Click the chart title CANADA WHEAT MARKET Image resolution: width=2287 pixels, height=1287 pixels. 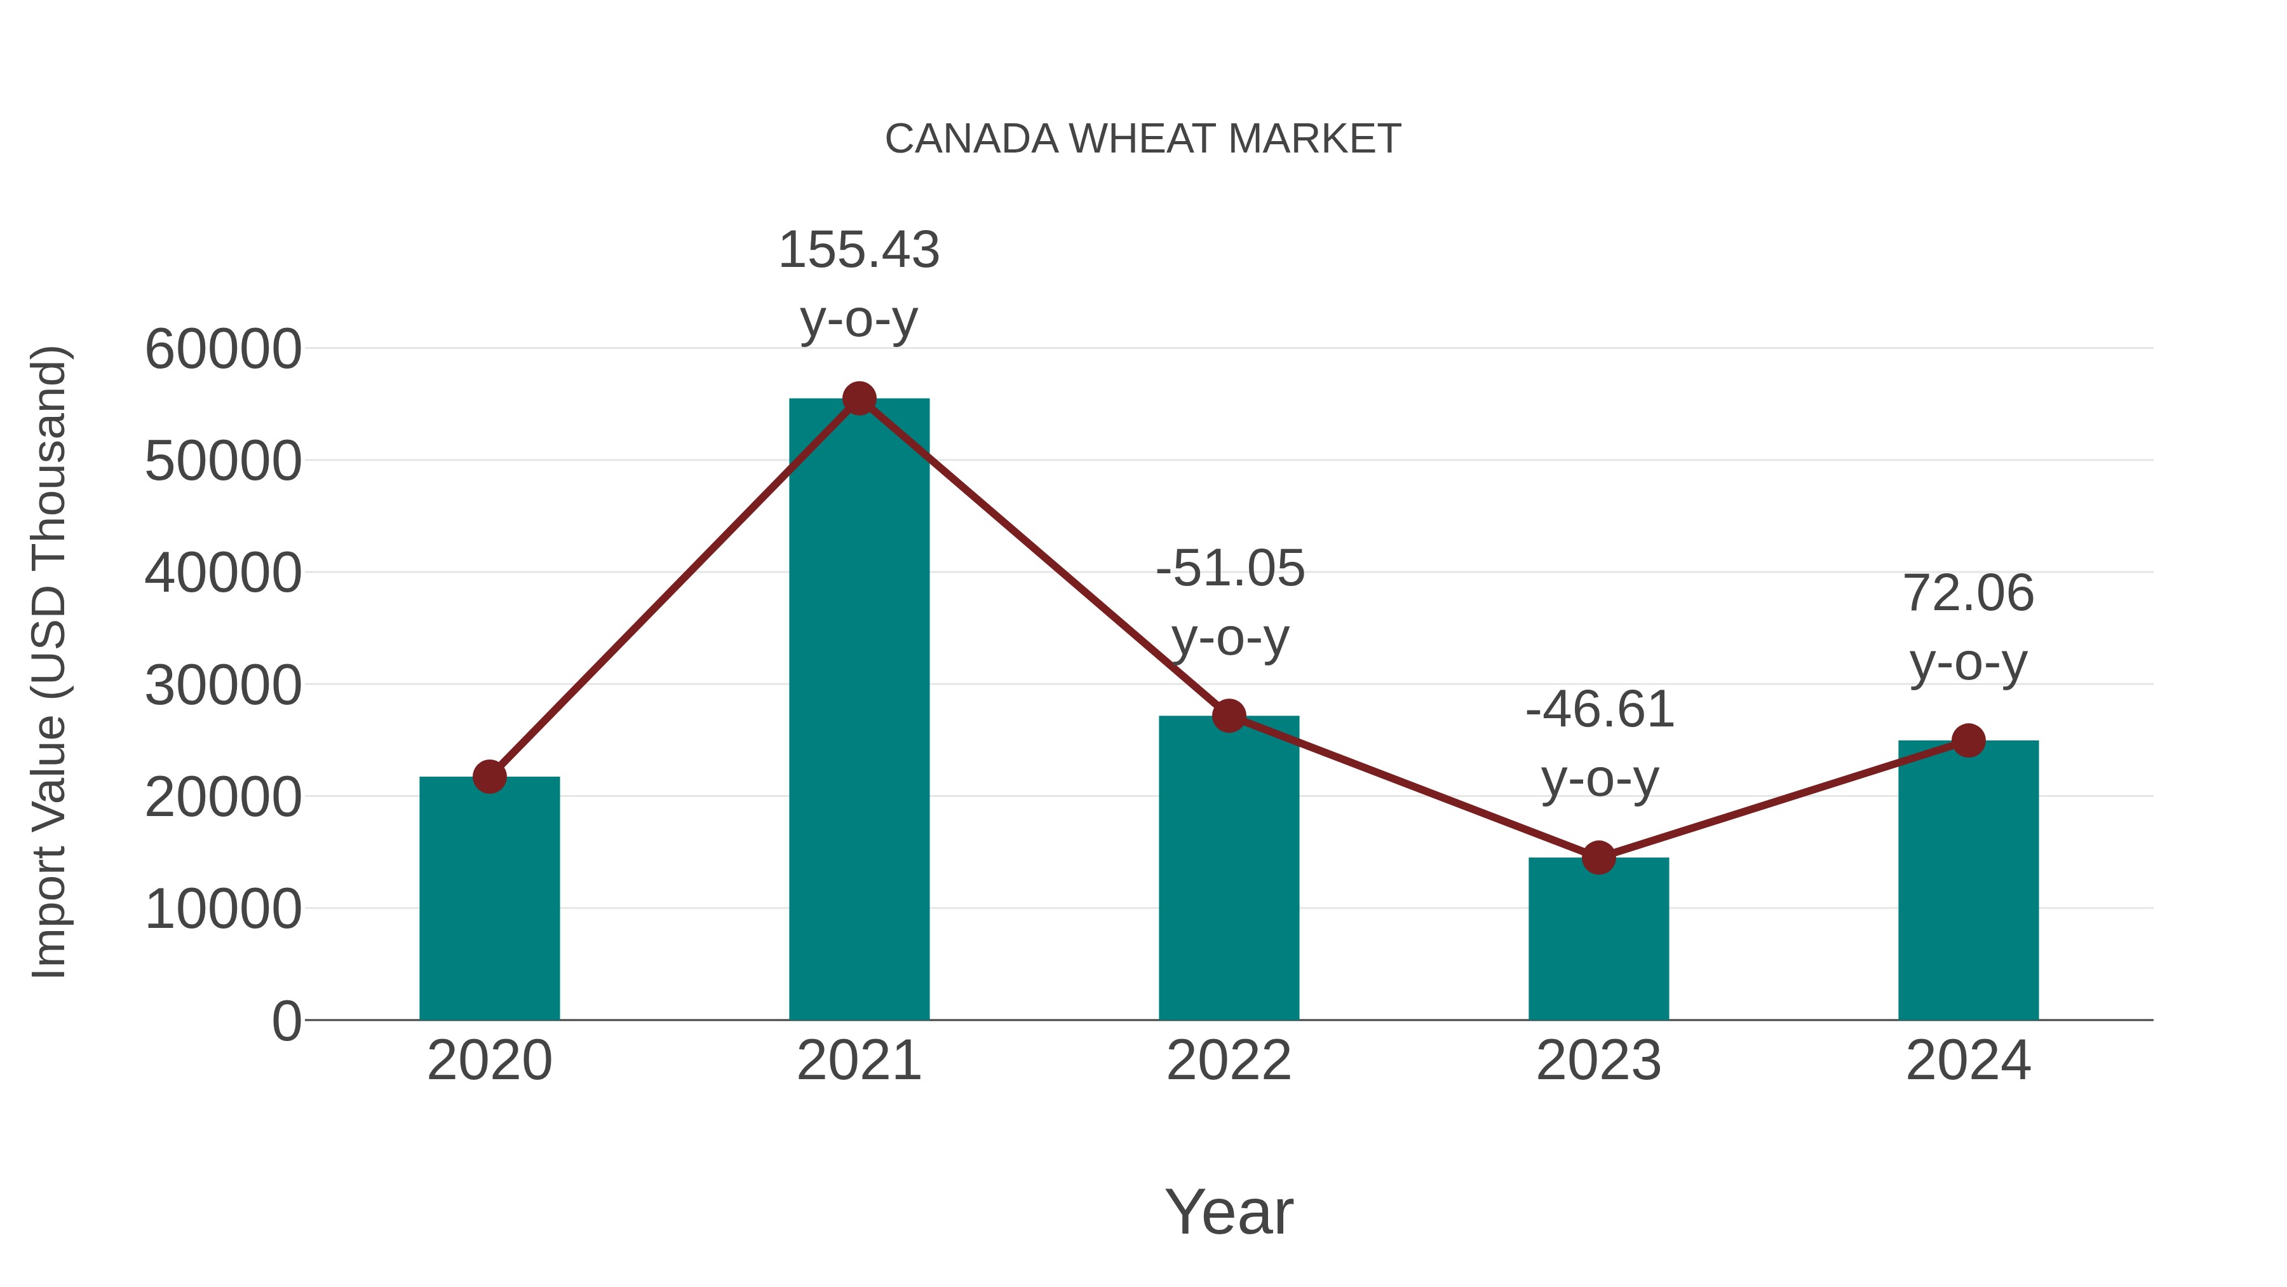[1143, 139]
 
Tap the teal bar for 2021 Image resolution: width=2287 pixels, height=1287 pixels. [858, 711]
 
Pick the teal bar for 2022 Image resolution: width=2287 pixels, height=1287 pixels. [1229, 871]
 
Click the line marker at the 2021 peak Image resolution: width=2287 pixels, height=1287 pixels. [858, 398]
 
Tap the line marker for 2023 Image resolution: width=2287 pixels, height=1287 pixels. [1598, 857]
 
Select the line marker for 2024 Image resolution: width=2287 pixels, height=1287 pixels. [1968, 740]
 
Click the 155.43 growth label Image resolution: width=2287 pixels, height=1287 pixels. [858, 250]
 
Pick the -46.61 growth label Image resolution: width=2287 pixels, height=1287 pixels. [1599, 710]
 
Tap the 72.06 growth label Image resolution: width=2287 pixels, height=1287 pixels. [1968, 594]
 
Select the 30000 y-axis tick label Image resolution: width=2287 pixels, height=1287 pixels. [223, 686]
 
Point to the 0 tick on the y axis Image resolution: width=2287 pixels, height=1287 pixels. [286, 1021]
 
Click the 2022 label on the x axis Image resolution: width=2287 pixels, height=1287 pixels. [1229, 1061]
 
